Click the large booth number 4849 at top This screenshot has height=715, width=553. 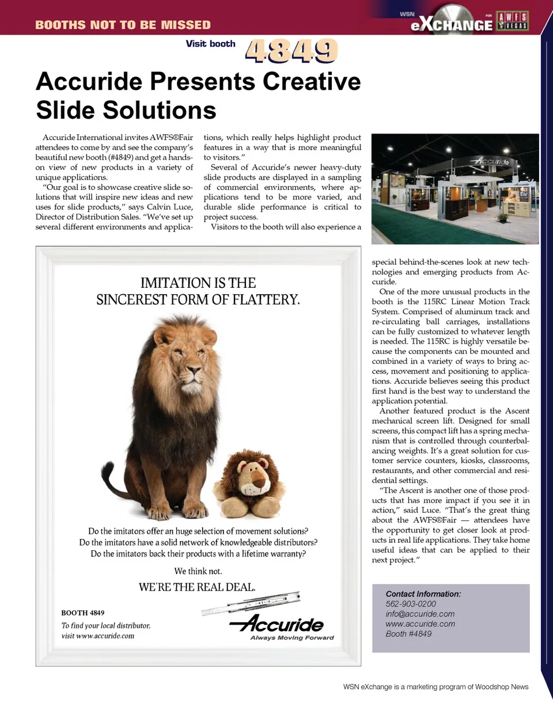coord(291,51)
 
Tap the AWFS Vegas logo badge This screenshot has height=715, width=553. coord(512,21)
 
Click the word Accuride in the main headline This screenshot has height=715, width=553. coord(89,82)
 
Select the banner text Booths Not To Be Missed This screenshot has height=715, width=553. coord(123,25)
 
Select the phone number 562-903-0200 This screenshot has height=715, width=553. coord(411,604)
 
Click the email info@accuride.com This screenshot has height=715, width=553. coord(420,614)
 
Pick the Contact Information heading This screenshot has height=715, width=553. coord(423,594)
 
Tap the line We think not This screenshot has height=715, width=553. coord(198,571)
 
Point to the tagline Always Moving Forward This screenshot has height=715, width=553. coord(292,638)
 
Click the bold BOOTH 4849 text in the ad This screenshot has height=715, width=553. coord(83,613)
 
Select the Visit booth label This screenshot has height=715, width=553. coord(210,44)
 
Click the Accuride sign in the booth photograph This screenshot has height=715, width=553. coord(490,162)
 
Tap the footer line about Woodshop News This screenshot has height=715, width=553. coord(435,687)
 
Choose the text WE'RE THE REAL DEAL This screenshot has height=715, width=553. coord(197,587)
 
